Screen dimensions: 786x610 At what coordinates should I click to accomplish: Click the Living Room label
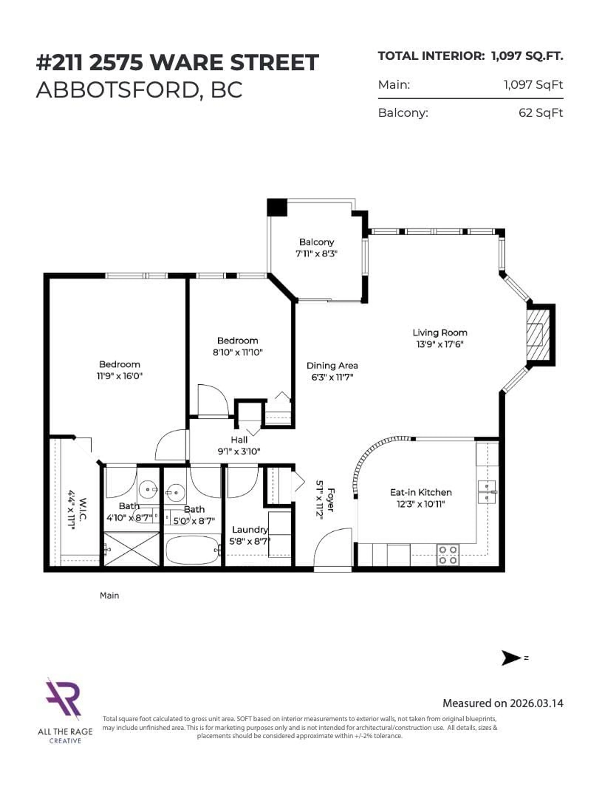click(x=440, y=333)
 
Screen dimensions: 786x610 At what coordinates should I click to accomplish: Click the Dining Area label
click(x=332, y=366)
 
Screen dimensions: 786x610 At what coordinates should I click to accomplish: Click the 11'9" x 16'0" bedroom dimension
click(x=119, y=376)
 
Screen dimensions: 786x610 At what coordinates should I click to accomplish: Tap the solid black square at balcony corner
click(x=277, y=207)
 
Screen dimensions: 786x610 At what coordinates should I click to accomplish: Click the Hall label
click(x=239, y=440)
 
